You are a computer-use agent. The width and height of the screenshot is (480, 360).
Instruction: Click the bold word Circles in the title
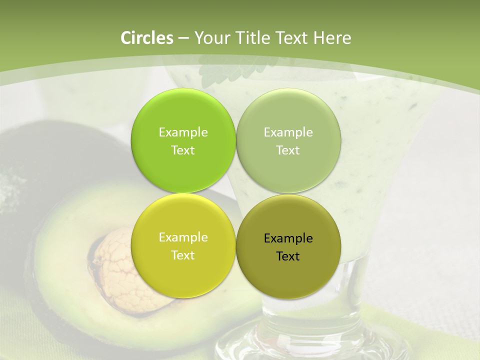click(x=147, y=38)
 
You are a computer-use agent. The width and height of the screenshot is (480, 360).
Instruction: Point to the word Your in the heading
click(x=210, y=38)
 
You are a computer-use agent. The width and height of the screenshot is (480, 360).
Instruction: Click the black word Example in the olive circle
click(x=288, y=238)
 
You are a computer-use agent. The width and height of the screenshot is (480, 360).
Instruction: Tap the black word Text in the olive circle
click(x=288, y=256)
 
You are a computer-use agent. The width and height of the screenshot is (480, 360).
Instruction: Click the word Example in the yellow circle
click(x=183, y=237)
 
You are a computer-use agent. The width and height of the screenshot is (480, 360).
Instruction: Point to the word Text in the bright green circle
click(x=183, y=150)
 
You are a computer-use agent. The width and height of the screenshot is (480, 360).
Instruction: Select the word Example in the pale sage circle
click(x=288, y=132)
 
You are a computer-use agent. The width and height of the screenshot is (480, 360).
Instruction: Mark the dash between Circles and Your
click(x=183, y=38)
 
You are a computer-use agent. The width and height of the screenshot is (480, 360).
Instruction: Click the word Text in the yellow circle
click(x=183, y=255)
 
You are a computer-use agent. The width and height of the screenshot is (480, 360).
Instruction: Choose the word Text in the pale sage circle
click(x=288, y=150)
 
